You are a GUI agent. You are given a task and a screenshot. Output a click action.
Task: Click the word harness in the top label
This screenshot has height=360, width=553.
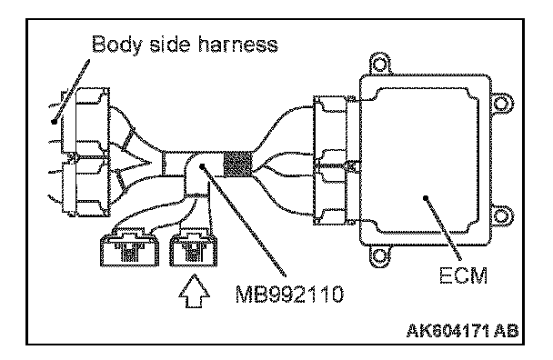tap(238, 44)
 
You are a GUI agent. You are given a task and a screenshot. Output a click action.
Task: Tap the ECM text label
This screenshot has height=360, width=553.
tap(464, 275)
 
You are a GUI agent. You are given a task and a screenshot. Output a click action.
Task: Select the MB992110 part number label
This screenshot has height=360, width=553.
tap(289, 294)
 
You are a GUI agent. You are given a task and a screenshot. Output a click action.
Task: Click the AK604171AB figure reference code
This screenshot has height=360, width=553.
tap(463, 330)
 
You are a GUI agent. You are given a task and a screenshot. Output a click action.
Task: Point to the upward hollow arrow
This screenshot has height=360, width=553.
tap(194, 291)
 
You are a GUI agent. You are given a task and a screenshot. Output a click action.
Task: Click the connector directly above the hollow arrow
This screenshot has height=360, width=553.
tap(193, 246)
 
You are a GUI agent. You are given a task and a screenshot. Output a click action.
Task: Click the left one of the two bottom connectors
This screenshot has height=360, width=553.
tap(129, 246)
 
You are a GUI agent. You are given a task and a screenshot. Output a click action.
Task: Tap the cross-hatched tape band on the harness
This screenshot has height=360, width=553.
tap(238, 164)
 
